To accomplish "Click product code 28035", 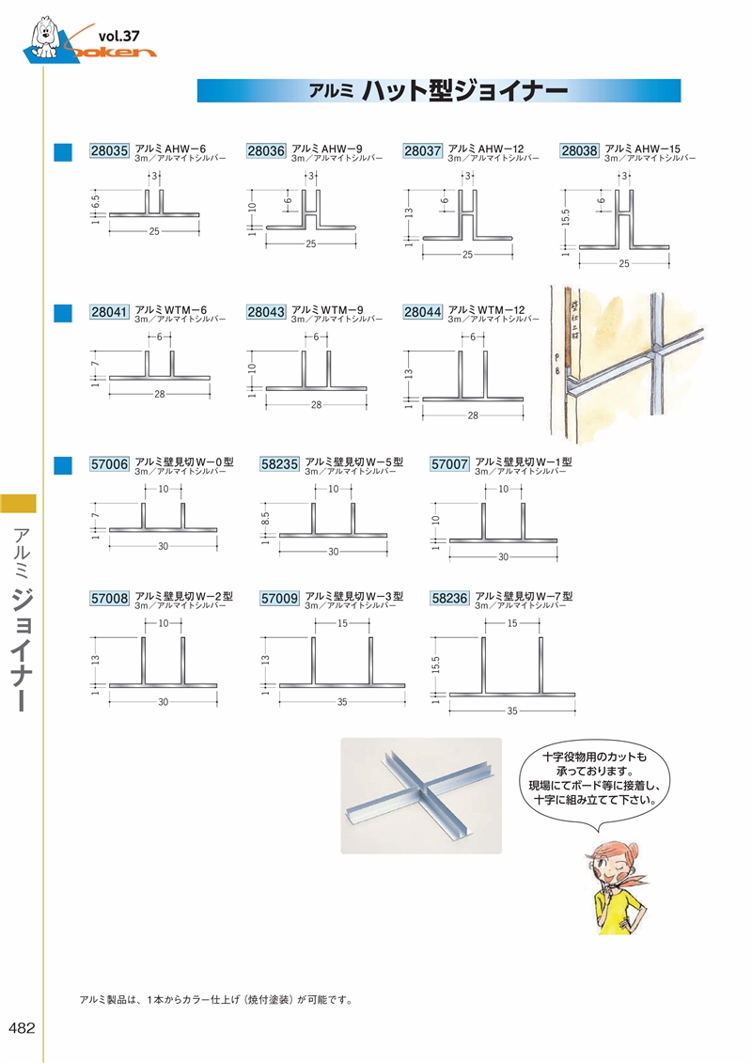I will pyautogui.click(x=110, y=150).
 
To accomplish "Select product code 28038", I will pyautogui.click(x=579, y=150).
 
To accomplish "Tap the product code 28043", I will pyautogui.click(x=266, y=312).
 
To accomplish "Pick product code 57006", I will pyautogui.click(x=110, y=463).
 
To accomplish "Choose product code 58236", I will pyautogui.click(x=450, y=597).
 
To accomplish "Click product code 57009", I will pyautogui.click(x=279, y=597).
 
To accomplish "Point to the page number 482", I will pyautogui.click(x=21, y=1028).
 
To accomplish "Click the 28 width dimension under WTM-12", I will pyautogui.click(x=473, y=414).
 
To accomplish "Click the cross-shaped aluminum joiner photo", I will pyautogui.click(x=420, y=795).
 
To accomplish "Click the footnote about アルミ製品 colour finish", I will pyautogui.click(x=217, y=999).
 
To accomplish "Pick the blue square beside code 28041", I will pyautogui.click(x=63, y=313).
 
